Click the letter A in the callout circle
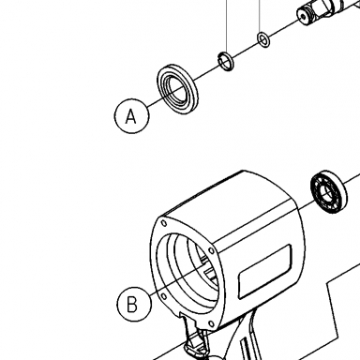point(131,116)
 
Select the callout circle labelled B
point(133,304)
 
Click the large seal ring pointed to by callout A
point(177,89)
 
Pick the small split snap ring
point(226,61)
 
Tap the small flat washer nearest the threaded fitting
point(263,39)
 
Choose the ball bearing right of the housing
point(329,192)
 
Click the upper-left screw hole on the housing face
point(163,223)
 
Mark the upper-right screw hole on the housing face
point(211,250)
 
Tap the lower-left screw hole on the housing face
point(163,295)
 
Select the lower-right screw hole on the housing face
point(211,323)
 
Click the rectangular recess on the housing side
point(265,271)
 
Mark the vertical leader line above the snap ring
point(227,26)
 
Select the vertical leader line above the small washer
point(260,16)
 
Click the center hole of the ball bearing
point(329,192)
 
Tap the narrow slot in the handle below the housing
point(246,350)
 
